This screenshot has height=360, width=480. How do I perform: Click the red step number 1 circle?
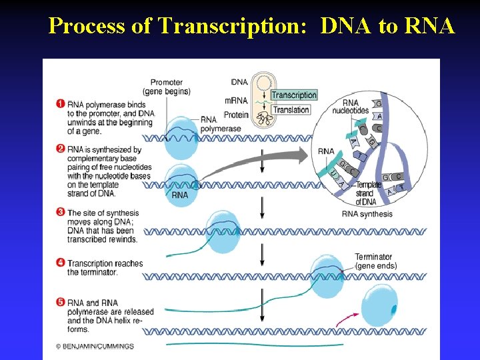(61, 104)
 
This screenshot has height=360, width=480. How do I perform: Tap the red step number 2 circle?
(61, 149)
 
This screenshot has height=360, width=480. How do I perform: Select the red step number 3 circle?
(61, 212)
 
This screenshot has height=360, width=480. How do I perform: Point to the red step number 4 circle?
(61, 263)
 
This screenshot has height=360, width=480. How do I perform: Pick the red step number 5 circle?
(61, 303)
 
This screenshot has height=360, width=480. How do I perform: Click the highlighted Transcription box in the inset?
(294, 95)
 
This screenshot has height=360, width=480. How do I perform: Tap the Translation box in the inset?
(291, 110)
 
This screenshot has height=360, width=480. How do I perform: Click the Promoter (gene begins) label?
(166, 87)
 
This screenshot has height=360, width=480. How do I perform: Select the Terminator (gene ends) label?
(375, 261)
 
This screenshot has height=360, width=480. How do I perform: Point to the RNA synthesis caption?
(367, 214)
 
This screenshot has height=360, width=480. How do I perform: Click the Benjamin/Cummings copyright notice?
(95, 347)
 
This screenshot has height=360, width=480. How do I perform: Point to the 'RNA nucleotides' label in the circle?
(355, 107)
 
